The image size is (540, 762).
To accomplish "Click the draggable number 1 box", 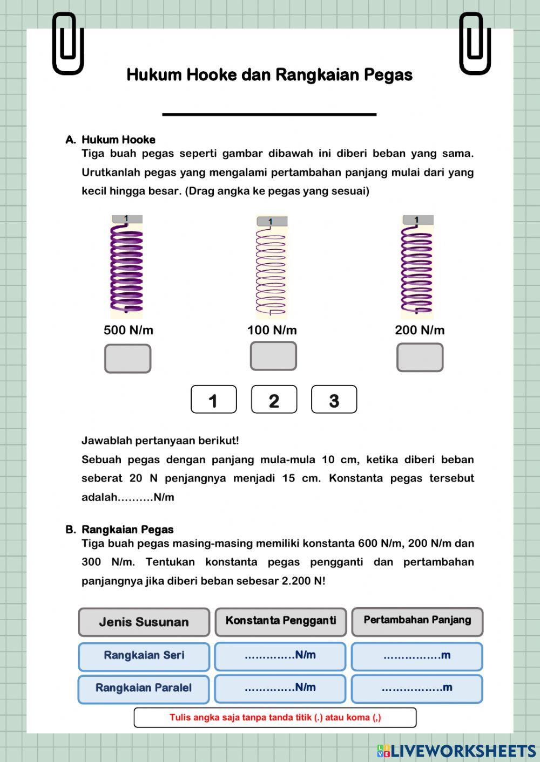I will point(214,400).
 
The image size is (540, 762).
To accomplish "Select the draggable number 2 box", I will point(274,400).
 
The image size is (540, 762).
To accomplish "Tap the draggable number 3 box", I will point(334,400).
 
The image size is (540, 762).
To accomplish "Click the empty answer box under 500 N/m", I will point(127,359).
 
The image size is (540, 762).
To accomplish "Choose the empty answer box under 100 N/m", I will point(273,356).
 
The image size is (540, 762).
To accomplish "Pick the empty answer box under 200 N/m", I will point(420,358).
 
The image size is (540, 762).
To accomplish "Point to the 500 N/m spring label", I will point(129,330).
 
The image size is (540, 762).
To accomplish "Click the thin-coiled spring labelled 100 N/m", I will point(271,268).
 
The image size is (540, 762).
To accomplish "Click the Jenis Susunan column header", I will point(144,622).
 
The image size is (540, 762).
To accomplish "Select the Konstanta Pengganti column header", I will point(280,621).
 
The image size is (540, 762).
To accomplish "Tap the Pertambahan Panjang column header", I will point(417,621).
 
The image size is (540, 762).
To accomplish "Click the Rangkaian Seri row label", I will point(144,656).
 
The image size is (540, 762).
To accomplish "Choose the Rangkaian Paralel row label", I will point(144,689).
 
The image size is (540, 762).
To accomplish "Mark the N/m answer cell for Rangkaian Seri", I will point(280,656).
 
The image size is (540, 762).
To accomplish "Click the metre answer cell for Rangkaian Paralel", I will point(416,689).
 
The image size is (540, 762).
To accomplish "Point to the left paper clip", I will point(67,43).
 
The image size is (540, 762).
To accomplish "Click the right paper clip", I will point(475,43).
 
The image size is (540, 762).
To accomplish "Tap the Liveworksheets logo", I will point(456,751).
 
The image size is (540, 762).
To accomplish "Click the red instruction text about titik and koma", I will point(275,718).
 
